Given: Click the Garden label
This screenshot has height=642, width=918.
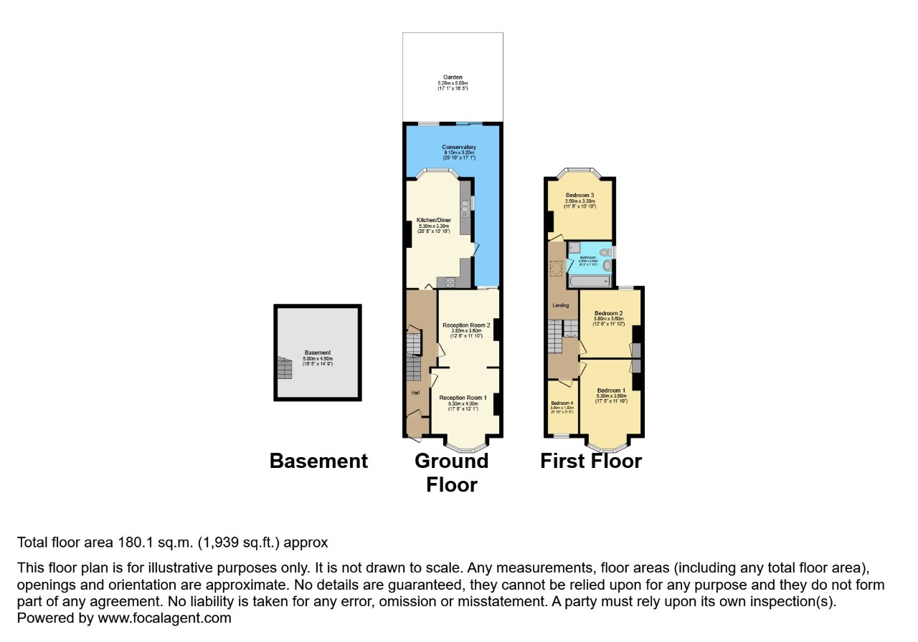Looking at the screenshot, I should pos(453,77).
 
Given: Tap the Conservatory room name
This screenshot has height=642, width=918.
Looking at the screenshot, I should pos(459,148).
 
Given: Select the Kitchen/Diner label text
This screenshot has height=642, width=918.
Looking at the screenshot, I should pos(432,220).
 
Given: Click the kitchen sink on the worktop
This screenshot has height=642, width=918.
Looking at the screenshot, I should pos(465,206).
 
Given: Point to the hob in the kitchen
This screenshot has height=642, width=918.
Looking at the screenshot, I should pos(451,282).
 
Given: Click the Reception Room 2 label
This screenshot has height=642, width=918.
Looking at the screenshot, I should pos(466,325).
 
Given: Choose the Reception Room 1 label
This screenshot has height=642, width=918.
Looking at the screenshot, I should pos(463,398).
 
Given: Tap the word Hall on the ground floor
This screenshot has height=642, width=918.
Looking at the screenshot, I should pos(415,393).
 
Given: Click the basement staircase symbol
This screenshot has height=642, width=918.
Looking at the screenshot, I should pos(285,368).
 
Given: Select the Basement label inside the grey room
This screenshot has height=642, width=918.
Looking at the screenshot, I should pos(318,353).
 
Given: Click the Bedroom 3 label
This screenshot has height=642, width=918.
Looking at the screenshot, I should pos(579,196).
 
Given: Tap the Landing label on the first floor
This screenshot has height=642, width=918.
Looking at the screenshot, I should pos(560,305).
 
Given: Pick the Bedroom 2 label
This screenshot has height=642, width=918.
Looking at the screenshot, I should pos(608,313).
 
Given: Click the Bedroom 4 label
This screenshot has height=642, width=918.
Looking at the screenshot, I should pos(562,403).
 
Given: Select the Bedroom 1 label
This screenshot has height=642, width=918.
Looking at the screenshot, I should pos(611,391).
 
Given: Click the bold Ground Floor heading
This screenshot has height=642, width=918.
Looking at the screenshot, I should pos(451,472).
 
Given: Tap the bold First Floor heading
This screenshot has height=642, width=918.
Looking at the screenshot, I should pos(591,461).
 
